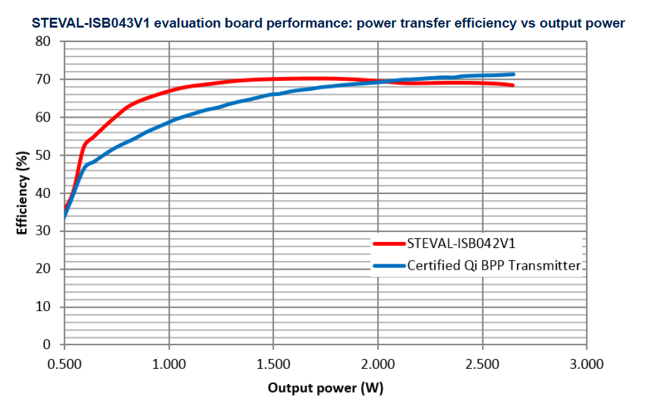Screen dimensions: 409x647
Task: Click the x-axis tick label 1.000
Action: [x=169, y=363]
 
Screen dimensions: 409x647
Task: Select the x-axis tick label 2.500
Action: [x=483, y=363]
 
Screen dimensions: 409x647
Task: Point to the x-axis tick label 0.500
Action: [x=64, y=363]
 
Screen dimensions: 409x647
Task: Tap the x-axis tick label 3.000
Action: [x=587, y=363]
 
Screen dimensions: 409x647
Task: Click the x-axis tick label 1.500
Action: [x=273, y=363]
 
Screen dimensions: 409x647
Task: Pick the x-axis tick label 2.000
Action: [x=378, y=363]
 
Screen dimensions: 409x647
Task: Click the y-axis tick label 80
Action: [x=43, y=41]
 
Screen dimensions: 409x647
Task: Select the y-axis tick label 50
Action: [x=43, y=155]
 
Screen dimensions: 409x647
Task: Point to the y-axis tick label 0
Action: [x=47, y=345]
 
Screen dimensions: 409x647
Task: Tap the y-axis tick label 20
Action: [x=43, y=269]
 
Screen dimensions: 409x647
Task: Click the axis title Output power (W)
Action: [x=325, y=388]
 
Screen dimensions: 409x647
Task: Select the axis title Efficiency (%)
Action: [x=22, y=193]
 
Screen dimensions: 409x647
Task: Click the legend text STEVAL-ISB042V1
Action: [x=461, y=243]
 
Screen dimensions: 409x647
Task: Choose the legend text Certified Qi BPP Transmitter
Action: [x=494, y=266]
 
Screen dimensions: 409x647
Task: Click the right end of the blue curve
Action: [x=513, y=74]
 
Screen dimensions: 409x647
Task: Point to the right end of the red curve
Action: [x=512, y=85]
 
